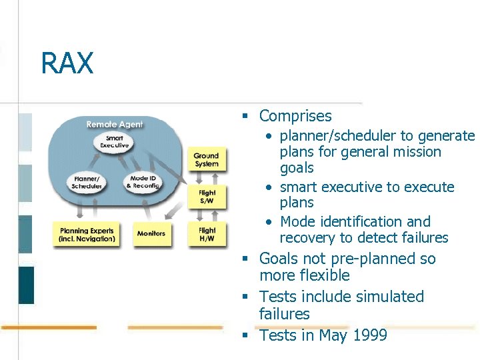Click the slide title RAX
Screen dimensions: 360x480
pyautogui.click(x=67, y=64)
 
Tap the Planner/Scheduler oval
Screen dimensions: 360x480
pyautogui.click(x=87, y=182)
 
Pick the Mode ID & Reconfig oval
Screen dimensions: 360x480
pyautogui.click(x=143, y=182)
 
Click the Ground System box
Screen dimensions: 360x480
pyautogui.click(x=206, y=160)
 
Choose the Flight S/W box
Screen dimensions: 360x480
pyautogui.click(x=207, y=197)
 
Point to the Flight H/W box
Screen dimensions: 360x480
pyautogui.click(x=207, y=235)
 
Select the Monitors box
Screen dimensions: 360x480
pyautogui.click(x=151, y=234)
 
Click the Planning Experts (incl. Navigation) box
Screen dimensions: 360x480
pyautogui.click(x=87, y=235)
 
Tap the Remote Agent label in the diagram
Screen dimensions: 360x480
pyautogui.click(x=115, y=124)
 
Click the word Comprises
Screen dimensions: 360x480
pyautogui.click(x=295, y=116)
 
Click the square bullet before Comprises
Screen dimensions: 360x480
pyautogui.click(x=245, y=116)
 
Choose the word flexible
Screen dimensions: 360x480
pyautogui.click(x=325, y=275)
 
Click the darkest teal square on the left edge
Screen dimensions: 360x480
pyautogui.click(x=26, y=285)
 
